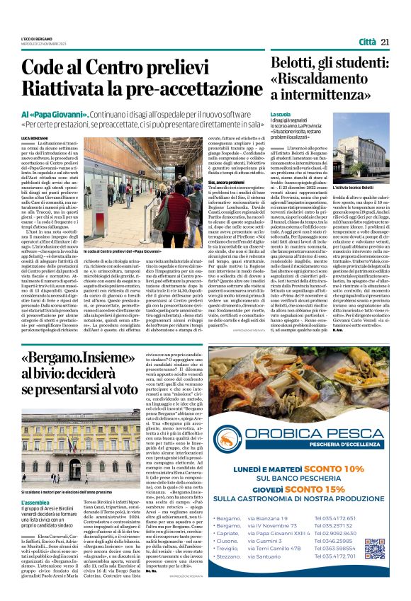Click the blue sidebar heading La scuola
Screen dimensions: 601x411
pyautogui.click(x=281, y=114)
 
